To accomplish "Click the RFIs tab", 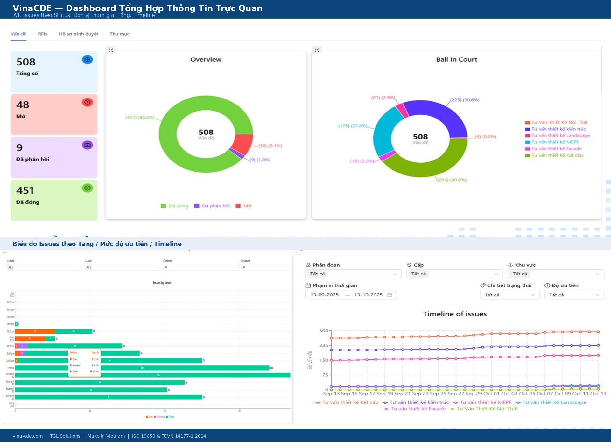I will pos(42,34).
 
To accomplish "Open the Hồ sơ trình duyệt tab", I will pos(78,34).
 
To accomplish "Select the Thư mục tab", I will pos(119,34).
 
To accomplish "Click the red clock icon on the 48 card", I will pos(87,102).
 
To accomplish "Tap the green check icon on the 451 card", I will pos(87,188).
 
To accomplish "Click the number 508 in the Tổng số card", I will pos(26,62).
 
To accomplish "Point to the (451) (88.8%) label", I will pos(140,117).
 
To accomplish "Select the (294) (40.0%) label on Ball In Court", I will pos(452,180).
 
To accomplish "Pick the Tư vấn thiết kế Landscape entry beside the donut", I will pos(560,135).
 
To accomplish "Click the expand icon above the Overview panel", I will pos(111,50).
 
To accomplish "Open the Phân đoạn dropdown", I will pos(353,274).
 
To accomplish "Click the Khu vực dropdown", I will pos(556,274).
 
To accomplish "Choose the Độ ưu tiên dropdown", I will pos(574,295).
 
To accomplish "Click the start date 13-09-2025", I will pos(324,295).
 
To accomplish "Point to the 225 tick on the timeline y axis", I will pos(324,345).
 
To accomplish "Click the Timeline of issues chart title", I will pos(454,314).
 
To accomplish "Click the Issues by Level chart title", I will pos(162,282).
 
